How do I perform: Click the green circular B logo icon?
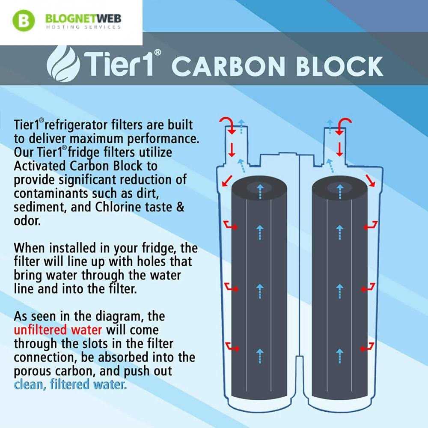coord(24,21)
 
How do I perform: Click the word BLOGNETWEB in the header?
coord(83,19)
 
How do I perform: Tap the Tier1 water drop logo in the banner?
coord(64,64)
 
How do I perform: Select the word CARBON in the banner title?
coord(229,66)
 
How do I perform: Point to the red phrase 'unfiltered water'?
coord(58,330)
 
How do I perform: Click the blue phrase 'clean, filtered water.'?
coord(70,385)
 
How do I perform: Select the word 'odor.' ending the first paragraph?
coord(27,220)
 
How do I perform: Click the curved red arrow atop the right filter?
coord(343,125)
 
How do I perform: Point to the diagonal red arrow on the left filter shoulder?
coord(227,181)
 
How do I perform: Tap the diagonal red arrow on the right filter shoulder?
coord(370,181)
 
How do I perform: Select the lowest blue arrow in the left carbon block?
coord(260,356)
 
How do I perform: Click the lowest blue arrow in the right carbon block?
coord(339,356)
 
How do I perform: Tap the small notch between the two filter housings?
coord(300,360)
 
